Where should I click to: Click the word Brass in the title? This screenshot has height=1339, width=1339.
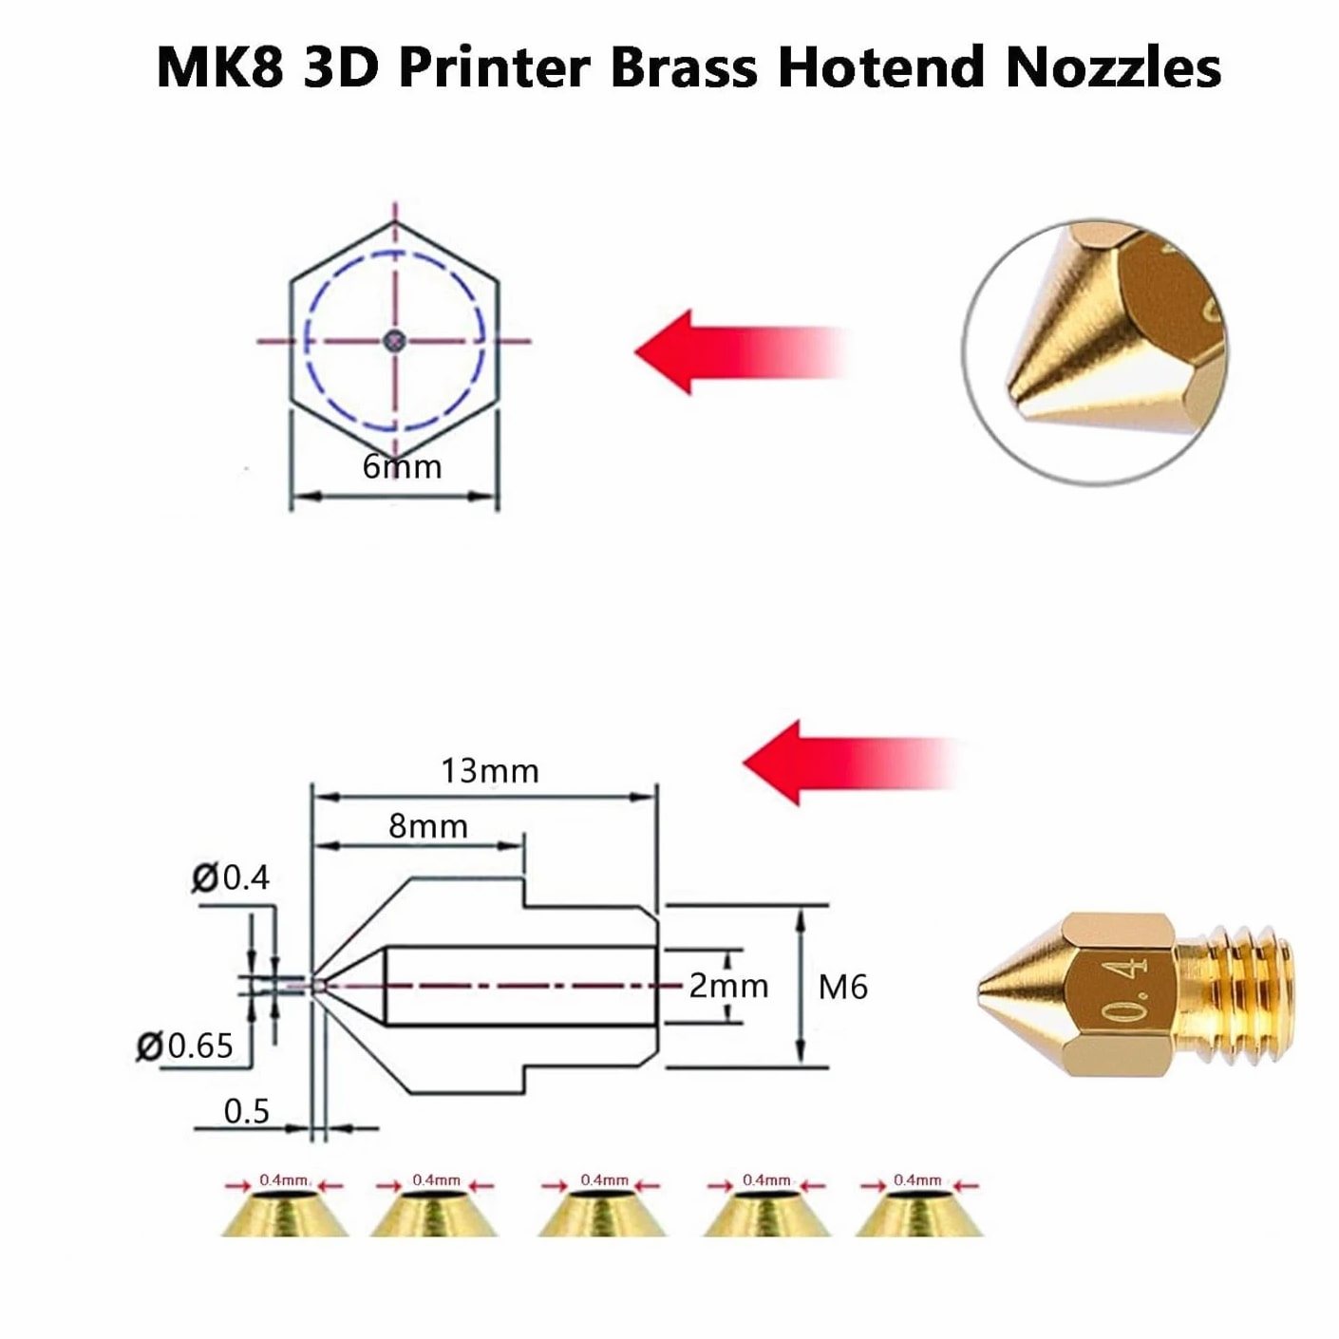[684, 67]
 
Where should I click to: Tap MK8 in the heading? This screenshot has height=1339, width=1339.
[220, 67]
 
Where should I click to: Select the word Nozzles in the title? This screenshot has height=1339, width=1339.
[1113, 67]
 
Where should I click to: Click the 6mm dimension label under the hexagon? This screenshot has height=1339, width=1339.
[402, 467]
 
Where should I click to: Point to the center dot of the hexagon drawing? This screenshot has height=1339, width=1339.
[395, 340]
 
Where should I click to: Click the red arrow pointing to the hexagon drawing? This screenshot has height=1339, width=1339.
[740, 351]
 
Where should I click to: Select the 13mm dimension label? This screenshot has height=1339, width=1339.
[490, 771]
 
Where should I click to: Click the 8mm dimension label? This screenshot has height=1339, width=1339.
[428, 826]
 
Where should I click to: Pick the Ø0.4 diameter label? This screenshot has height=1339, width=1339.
[231, 877]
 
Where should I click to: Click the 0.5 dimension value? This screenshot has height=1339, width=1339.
[247, 1111]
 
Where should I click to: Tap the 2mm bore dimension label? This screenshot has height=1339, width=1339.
[729, 986]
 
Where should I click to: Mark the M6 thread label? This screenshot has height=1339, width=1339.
[843, 987]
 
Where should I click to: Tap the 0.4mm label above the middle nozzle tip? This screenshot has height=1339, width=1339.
[604, 1179]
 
